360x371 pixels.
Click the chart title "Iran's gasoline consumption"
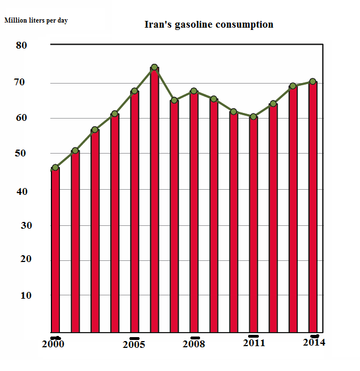209,25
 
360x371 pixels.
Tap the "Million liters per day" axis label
37,20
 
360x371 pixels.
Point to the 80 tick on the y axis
21,45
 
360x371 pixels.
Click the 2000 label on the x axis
53,344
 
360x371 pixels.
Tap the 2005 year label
134,344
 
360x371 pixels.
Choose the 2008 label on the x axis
194,344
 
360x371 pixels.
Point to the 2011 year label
254,343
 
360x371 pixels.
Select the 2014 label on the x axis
314,342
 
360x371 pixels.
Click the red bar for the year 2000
55,251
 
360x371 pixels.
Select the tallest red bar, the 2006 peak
154,200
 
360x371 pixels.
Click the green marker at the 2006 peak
154,68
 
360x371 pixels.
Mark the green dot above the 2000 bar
55,168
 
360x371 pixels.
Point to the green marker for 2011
253,117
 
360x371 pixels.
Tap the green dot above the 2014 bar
313,82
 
